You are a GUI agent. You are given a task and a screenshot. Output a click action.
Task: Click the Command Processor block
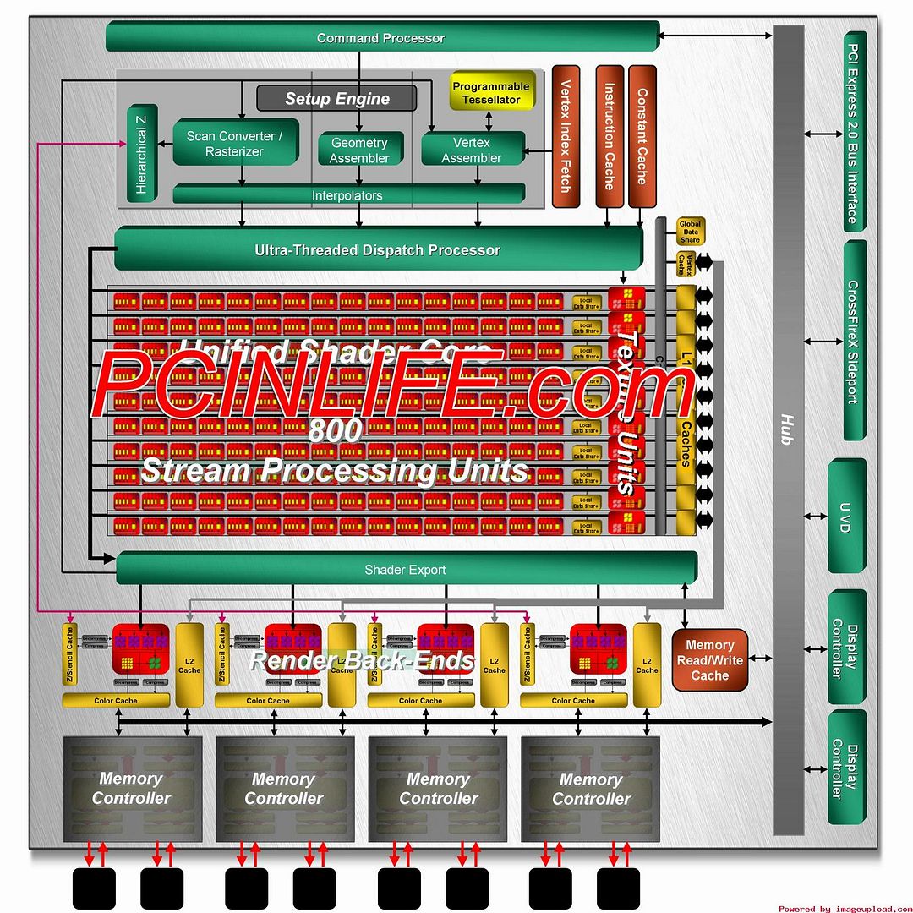381,37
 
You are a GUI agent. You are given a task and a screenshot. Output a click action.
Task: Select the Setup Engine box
336,98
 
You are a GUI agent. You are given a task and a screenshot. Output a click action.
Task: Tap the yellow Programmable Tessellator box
490,93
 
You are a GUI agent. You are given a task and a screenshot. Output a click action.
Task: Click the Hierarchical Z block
141,156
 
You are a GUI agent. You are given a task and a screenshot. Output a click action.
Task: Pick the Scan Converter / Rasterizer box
235,144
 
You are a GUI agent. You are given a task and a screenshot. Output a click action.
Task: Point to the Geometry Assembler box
359,150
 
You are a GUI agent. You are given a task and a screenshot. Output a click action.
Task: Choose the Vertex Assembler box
472,150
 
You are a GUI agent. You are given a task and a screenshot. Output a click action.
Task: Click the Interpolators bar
347,195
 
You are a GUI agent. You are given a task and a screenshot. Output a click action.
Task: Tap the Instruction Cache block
609,135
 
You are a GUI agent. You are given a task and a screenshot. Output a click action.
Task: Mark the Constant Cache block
642,135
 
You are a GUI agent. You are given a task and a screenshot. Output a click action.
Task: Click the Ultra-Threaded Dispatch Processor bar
377,250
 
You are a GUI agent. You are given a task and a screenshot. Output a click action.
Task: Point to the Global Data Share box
690,232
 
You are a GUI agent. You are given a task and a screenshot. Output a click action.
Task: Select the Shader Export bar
405,570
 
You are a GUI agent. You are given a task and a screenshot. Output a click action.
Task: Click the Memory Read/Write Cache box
709,660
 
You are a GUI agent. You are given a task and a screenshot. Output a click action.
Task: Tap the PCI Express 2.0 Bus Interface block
854,133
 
